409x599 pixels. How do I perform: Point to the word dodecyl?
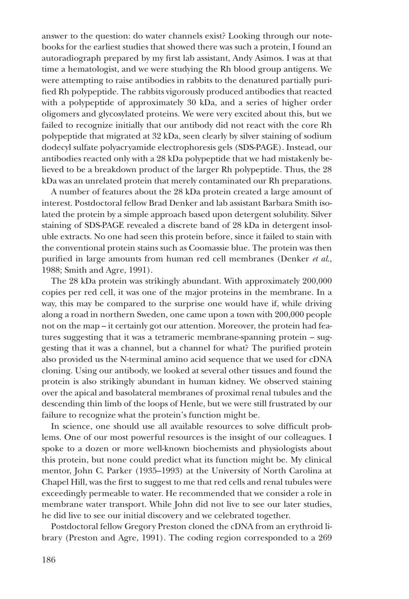pos(56,148)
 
